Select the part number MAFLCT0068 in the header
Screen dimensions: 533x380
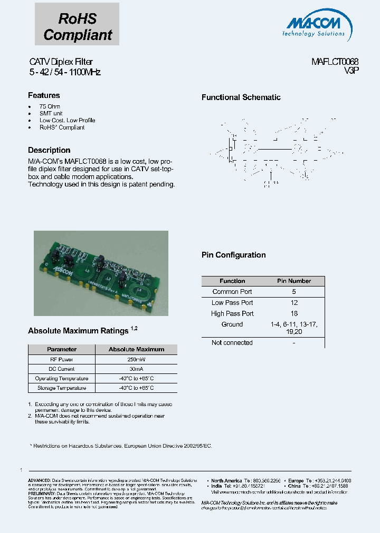tap(335, 62)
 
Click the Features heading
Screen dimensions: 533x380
tap(44, 95)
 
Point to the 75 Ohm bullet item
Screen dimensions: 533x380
tap(50, 106)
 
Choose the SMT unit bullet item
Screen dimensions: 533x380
tap(51, 113)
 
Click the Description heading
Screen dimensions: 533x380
tap(49, 150)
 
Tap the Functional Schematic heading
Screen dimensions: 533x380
tap(241, 97)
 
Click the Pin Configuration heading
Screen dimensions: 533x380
tap(233, 255)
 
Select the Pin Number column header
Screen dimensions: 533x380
tap(294, 281)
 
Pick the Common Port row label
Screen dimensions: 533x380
tap(232, 292)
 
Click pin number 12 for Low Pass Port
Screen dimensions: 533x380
tap(294, 303)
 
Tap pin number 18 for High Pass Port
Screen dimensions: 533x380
tap(294, 314)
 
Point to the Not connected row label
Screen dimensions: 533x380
tap(232, 343)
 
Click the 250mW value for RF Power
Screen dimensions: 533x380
tap(136, 359)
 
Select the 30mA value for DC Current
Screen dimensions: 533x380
tap(136, 369)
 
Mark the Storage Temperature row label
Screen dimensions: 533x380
tap(62, 388)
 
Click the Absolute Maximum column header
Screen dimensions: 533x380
tap(136, 349)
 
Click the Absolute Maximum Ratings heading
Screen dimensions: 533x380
tap(78, 331)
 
